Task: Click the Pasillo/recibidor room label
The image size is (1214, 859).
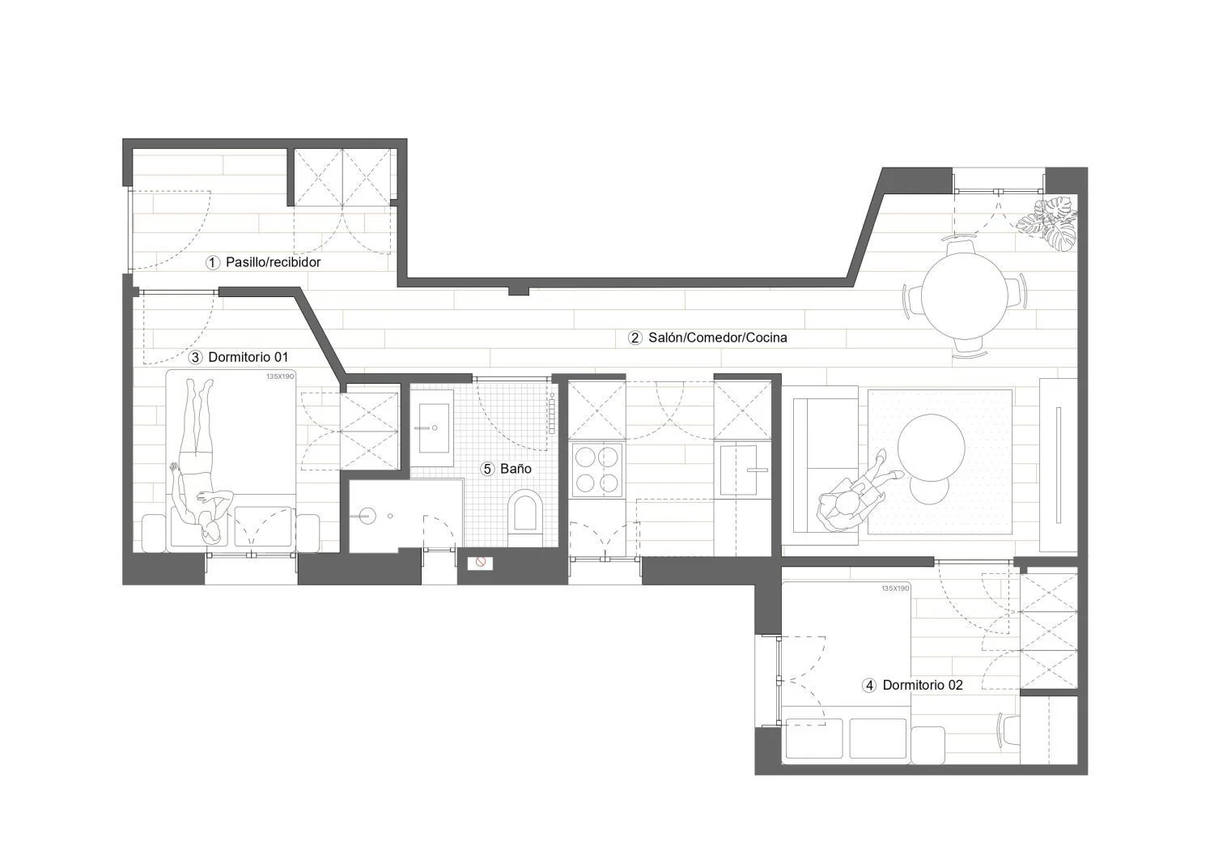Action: (274, 262)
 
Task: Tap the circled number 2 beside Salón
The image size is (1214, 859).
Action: (635, 338)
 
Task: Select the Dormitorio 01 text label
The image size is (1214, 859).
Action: (248, 357)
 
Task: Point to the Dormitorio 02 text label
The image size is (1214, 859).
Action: (923, 686)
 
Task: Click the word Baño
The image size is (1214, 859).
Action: (516, 469)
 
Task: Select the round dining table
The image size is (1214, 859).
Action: (965, 297)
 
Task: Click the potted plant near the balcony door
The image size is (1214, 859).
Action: (1047, 223)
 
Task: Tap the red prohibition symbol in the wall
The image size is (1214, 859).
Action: (480, 563)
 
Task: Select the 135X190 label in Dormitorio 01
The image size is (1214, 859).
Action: (280, 376)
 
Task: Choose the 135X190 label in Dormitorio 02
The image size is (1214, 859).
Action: (895, 589)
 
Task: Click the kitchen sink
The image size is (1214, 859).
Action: (739, 470)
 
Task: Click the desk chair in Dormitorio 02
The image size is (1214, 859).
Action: (1008, 732)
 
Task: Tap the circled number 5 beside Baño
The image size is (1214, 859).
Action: (487, 469)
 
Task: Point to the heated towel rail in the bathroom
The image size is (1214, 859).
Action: (552, 413)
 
